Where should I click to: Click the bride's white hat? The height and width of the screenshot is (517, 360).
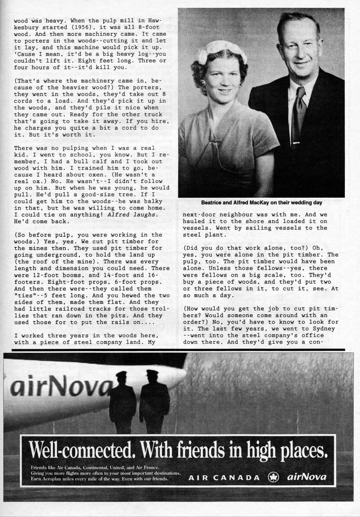(x=221, y=51)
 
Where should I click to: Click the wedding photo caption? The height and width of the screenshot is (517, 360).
(x=261, y=202)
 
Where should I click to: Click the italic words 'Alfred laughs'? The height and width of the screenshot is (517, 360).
(x=131, y=215)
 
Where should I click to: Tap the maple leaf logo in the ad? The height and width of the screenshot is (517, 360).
(x=273, y=477)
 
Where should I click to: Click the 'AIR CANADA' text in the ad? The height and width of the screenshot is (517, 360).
(x=224, y=477)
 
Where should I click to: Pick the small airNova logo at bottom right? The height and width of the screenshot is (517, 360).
(x=307, y=477)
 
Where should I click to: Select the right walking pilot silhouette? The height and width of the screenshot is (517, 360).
(x=154, y=401)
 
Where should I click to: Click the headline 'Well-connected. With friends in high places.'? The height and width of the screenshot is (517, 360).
(x=178, y=449)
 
